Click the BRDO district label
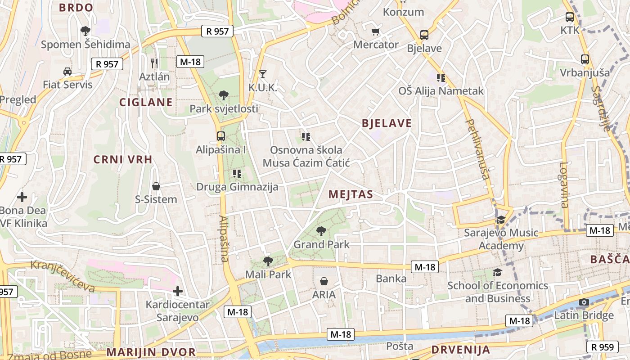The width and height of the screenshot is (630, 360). [x=76, y=7]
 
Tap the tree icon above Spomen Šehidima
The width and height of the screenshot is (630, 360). [x=85, y=31]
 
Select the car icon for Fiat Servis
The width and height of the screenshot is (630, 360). [x=67, y=71]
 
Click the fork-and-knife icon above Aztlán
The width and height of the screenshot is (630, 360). [x=154, y=63]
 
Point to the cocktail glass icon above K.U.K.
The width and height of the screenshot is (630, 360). [x=263, y=74]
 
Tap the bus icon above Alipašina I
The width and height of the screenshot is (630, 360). [x=220, y=136]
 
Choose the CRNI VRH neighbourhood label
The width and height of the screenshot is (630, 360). [x=123, y=159]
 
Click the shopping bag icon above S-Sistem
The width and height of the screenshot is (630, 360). [x=156, y=186]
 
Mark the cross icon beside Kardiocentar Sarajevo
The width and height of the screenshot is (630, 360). [x=178, y=291]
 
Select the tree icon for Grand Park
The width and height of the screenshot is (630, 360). [x=321, y=231]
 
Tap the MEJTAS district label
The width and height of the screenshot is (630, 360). [x=351, y=194]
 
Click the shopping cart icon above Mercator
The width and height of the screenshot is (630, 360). [x=376, y=31]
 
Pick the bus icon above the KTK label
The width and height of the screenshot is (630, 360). [x=570, y=17]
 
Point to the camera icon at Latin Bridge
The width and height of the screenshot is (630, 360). [x=584, y=302]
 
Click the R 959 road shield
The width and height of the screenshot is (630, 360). [x=602, y=346]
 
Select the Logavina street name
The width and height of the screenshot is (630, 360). [x=564, y=184]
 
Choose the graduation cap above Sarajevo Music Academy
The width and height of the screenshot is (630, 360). [x=501, y=220]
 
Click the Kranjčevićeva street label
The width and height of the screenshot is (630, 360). [x=63, y=275]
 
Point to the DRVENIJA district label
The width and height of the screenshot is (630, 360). [x=460, y=350]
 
